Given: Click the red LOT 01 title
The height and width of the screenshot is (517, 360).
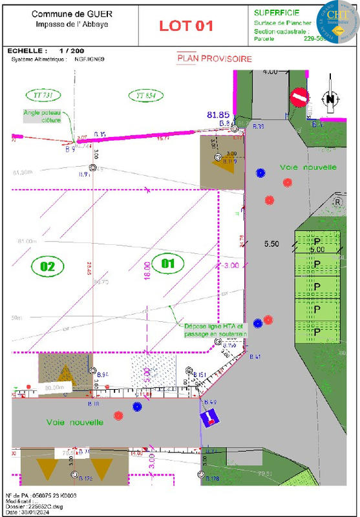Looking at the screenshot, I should [x=186, y=26].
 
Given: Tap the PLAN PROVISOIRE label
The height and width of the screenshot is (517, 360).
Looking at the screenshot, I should [x=215, y=59].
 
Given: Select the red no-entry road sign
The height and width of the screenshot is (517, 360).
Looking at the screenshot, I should [x=299, y=98].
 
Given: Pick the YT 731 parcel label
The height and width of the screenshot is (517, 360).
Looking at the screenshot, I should [x=43, y=95].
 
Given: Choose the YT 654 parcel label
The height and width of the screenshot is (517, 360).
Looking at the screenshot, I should [x=146, y=95].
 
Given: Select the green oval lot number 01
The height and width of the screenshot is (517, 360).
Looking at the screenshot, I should [x=167, y=263].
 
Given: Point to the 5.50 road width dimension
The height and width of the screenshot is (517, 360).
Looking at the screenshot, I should [x=271, y=244].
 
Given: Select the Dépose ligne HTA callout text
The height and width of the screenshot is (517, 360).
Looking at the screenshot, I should [x=215, y=330].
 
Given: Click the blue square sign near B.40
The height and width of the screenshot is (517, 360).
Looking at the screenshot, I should [x=209, y=419].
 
